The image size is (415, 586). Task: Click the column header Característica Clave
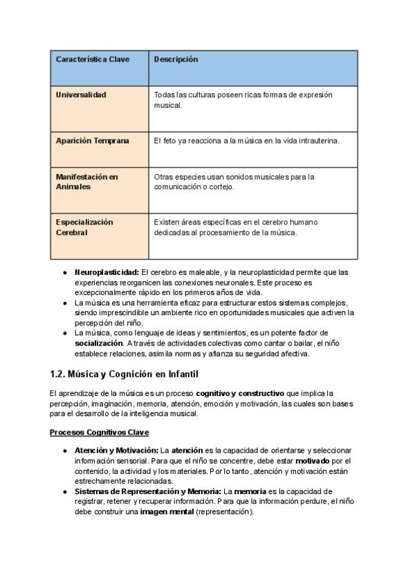point(92,59)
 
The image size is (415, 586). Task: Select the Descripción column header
point(176,59)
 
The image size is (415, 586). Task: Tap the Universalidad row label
point(81,95)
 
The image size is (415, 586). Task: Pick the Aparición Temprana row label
point(92,140)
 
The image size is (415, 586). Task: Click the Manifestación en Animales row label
point(86,182)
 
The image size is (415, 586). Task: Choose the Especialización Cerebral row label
point(84,227)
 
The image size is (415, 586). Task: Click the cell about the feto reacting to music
point(247,140)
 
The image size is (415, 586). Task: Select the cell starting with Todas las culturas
point(243,100)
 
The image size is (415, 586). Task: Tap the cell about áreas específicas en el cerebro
point(245,227)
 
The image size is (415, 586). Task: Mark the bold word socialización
point(99,343)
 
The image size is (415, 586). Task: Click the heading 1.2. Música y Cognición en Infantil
point(124,375)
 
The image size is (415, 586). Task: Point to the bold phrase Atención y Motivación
point(116,451)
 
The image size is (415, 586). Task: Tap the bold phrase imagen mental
point(166,512)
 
